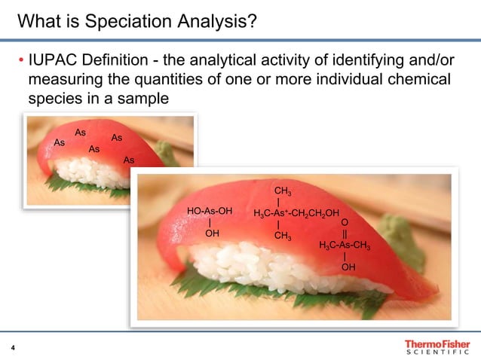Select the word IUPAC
pyautogui.click(x=51, y=60)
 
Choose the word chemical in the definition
pyautogui.click(x=417, y=79)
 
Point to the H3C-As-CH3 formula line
pyautogui.click(x=344, y=245)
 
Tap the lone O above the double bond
pyautogui.click(x=345, y=223)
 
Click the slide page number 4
pyautogui.click(x=13, y=347)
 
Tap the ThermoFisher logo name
pyautogui.click(x=437, y=343)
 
